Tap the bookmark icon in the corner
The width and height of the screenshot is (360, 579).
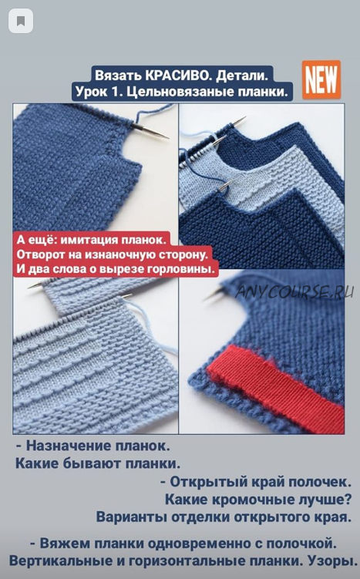[x=21, y=21]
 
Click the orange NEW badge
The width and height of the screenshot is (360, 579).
[x=321, y=79]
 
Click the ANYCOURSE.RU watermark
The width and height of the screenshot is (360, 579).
[x=294, y=291]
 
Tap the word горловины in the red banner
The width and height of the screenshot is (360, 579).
[x=181, y=270]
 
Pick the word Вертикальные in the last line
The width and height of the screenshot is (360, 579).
[x=62, y=561]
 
